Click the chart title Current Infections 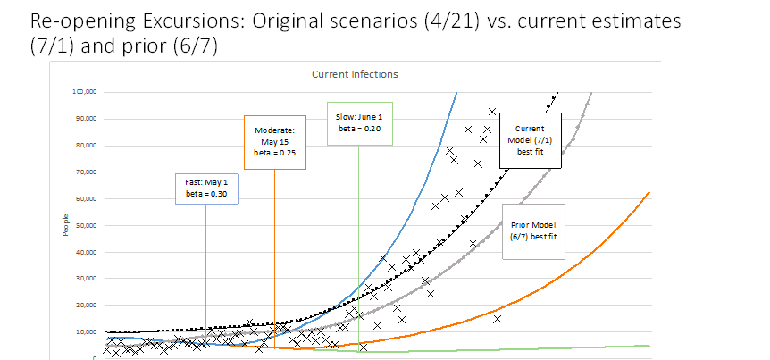coord(356,74)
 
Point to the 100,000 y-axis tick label coord(83,92)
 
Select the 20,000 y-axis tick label coord(85,306)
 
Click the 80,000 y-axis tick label coord(85,145)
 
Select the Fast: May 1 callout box coord(206,188)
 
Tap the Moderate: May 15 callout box coord(274,141)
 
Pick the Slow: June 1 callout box coord(359,122)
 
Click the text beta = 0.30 coord(206,193)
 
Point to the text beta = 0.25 coord(274,153)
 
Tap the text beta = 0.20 coord(359,129)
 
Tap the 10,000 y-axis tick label coord(85,332)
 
